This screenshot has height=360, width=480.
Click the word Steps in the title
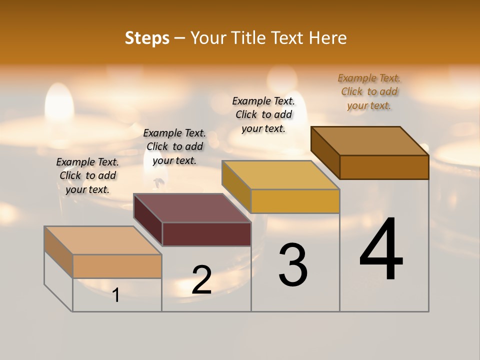click(147, 38)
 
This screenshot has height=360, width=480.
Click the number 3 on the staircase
click(293, 265)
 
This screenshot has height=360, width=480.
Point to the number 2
click(201, 280)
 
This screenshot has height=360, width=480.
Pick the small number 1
click(116, 295)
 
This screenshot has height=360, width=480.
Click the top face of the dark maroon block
click(192, 208)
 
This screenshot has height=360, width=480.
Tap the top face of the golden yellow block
click(281, 175)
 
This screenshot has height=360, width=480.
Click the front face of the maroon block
click(206, 234)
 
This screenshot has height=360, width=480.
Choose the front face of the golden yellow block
click(295, 201)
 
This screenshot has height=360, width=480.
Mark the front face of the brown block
click(384, 167)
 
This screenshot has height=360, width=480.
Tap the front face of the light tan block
click(117, 266)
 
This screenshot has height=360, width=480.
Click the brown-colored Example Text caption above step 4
click(369, 91)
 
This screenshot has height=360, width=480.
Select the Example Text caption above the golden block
click(263, 114)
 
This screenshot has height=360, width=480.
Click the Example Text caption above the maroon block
click(174, 146)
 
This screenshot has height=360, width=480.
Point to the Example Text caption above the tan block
click(87, 175)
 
